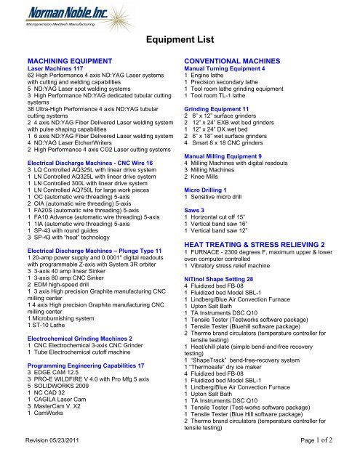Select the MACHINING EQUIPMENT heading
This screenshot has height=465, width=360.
[70, 65]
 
